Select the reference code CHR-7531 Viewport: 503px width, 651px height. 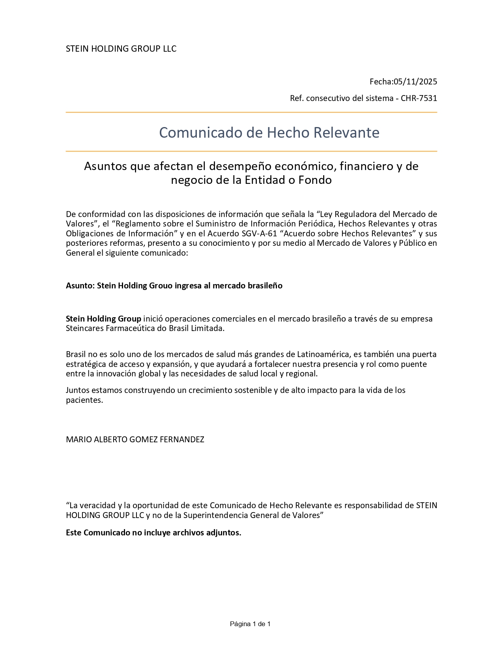pos(419,98)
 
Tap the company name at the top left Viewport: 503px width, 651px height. pos(121,49)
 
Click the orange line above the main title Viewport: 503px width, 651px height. pos(251,112)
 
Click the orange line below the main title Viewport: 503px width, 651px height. pos(251,151)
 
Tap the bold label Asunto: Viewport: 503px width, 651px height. pos(80,286)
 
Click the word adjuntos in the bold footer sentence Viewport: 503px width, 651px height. pos(223,533)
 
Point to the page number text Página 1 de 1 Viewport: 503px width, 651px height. pos(250,624)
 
